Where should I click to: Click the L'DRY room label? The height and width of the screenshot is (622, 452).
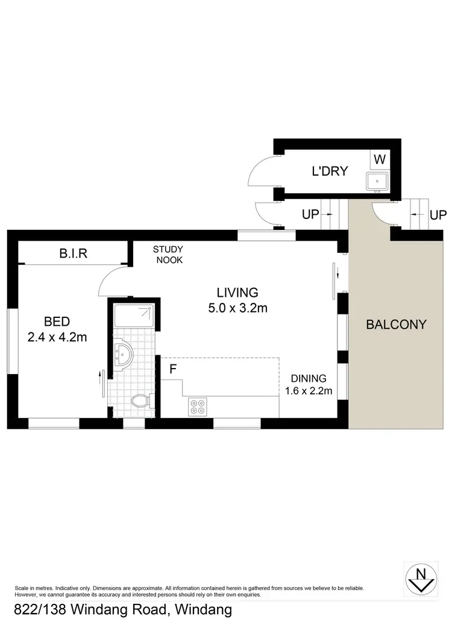click(x=330, y=171)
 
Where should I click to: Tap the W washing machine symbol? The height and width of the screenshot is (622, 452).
click(x=379, y=160)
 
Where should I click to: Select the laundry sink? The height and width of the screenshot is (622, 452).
click(x=377, y=180)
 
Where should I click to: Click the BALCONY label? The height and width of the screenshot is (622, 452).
click(x=396, y=324)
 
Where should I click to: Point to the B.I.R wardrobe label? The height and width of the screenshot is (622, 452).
click(x=73, y=253)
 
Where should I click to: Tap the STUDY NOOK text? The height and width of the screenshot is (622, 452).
click(x=168, y=255)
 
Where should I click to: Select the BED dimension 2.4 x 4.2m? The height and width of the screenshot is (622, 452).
click(x=57, y=337)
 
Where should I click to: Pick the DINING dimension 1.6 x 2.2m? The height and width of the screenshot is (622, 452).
click(x=308, y=390)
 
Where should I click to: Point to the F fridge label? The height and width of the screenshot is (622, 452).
click(x=172, y=369)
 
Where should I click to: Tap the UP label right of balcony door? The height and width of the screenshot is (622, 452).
click(x=438, y=215)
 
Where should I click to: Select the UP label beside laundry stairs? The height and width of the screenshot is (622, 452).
click(x=310, y=215)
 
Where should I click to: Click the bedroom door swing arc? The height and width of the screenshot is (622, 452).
click(x=111, y=281)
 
